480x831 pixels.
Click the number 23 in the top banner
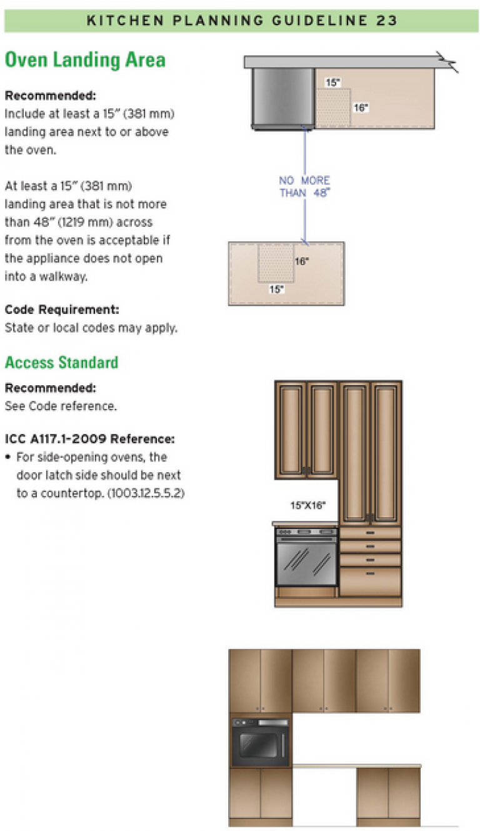click(386, 20)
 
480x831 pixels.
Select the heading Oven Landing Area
click(85, 60)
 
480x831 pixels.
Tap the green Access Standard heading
click(61, 363)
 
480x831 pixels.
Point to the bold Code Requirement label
click(61, 310)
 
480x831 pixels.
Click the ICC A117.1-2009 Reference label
click(89, 438)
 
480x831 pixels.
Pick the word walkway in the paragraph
click(65, 276)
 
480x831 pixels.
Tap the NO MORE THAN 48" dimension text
click(304, 187)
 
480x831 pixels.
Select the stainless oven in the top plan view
click(283, 97)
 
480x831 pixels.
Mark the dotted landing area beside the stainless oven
click(332, 108)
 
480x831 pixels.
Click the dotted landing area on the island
click(276, 263)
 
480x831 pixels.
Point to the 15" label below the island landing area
click(276, 290)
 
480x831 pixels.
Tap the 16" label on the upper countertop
click(361, 108)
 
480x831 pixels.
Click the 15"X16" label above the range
click(307, 505)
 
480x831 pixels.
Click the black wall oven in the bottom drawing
click(261, 742)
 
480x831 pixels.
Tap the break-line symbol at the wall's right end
click(449, 63)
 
